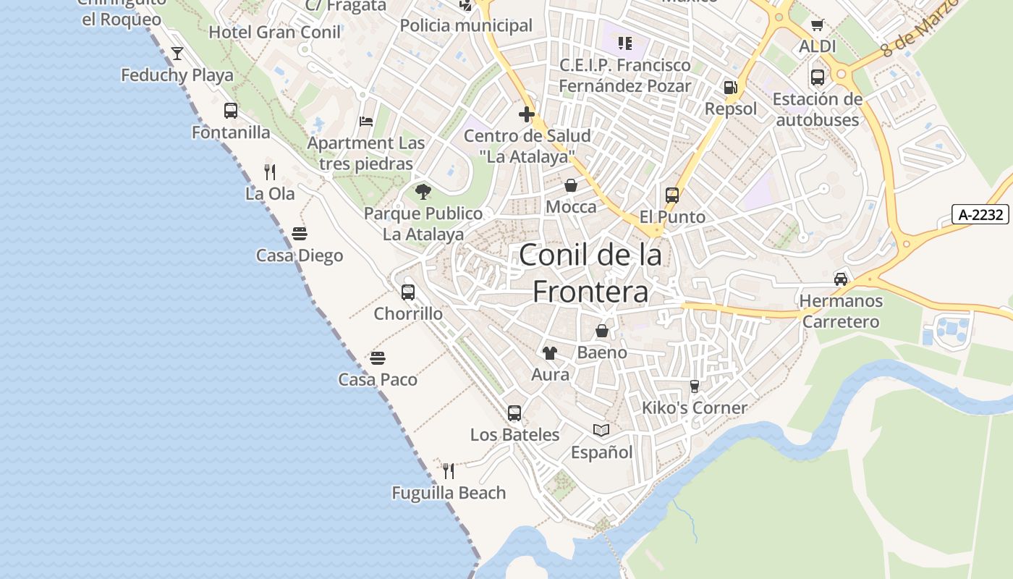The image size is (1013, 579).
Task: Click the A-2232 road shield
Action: [x=980, y=214]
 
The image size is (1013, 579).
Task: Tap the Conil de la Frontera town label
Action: [x=590, y=273]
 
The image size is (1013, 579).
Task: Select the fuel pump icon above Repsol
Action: [x=730, y=88]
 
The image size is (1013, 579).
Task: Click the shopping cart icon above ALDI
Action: [x=818, y=25]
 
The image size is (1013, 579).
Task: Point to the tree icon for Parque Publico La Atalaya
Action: [x=423, y=192]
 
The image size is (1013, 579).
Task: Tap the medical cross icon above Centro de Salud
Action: [x=527, y=114]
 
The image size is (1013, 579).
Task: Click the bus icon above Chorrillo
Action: [x=408, y=292]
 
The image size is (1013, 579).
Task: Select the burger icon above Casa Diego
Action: [x=300, y=234]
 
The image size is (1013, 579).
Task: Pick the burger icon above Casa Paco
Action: [x=377, y=358]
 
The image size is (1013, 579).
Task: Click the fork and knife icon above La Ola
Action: [x=270, y=172]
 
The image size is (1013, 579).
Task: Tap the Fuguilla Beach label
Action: [x=449, y=493]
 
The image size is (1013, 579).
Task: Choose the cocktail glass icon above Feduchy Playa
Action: [x=177, y=54]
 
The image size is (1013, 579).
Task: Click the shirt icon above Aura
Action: [x=550, y=353]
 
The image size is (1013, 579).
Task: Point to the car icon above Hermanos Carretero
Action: [x=841, y=279]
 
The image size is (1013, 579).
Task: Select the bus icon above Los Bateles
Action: [x=514, y=413]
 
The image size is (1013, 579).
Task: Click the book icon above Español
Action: [x=601, y=431]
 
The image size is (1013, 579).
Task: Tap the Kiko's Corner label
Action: [x=695, y=408]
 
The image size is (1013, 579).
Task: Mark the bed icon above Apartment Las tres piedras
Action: [x=366, y=121]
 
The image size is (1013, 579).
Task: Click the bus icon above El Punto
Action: [x=672, y=195]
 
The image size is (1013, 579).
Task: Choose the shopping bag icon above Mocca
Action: [x=571, y=186]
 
